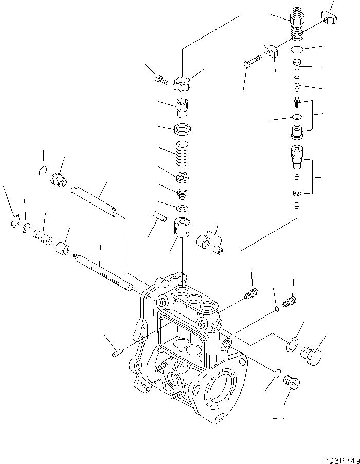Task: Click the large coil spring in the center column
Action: (x=182, y=153)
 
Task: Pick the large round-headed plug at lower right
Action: (x=311, y=355)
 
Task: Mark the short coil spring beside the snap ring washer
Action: (x=43, y=237)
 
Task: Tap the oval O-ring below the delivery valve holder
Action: (x=296, y=50)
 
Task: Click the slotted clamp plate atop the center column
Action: (x=182, y=83)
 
